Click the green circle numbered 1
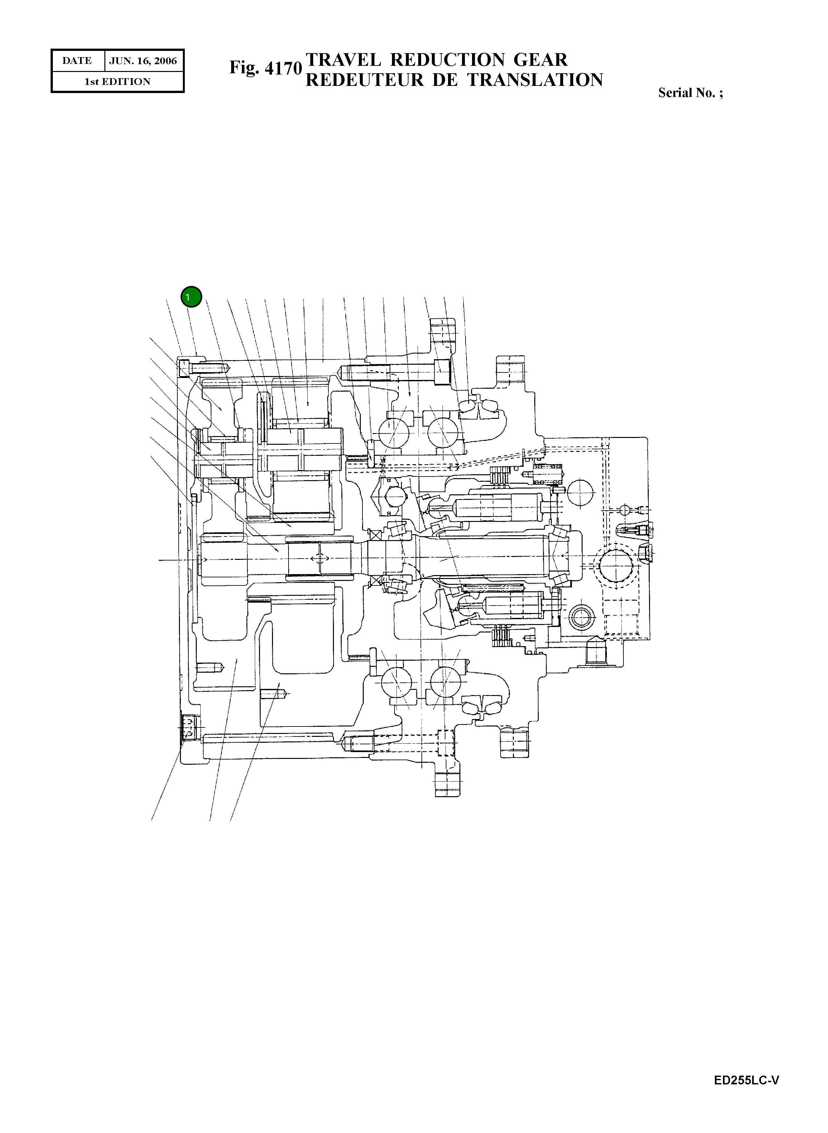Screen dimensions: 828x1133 point(191,297)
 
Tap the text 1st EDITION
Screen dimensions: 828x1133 point(117,82)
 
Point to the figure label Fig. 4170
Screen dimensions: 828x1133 point(266,68)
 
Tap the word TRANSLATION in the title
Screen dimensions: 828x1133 point(535,80)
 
